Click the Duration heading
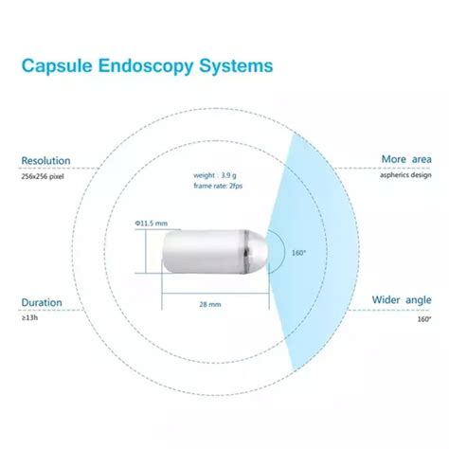43,303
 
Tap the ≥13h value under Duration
30,318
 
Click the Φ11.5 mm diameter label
152,223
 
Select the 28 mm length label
210,306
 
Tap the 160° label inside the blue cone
296,253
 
